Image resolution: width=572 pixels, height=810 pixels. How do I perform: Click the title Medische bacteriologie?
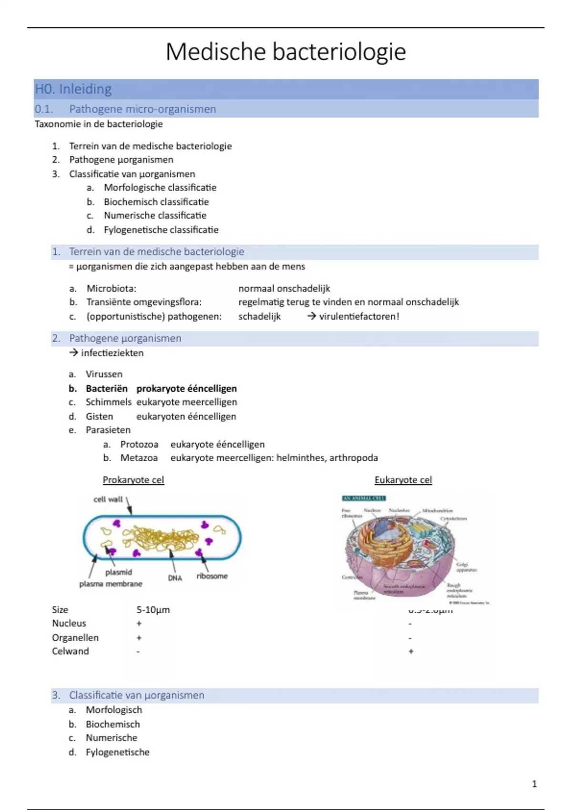click(x=286, y=51)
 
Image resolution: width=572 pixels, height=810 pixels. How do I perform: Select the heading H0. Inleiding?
click(x=73, y=89)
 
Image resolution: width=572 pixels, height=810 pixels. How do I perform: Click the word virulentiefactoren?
click(x=359, y=316)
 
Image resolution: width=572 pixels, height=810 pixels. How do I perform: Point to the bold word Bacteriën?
click(x=106, y=388)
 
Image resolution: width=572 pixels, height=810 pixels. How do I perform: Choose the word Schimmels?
click(x=108, y=402)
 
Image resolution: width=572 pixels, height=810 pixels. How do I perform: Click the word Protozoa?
click(x=139, y=444)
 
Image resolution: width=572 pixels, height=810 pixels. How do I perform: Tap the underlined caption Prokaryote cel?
click(x=133, y=480)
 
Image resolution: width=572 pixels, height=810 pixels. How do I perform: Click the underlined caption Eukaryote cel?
click(x=403, y=480)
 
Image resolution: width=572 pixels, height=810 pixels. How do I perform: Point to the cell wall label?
click(x=108, y=499)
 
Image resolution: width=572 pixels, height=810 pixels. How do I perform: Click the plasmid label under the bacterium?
click(x=119, y=572)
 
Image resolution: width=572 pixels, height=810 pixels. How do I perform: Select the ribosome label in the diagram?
click(x=212, y=576)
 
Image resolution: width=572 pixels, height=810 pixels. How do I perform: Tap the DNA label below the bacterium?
click(x=175, y=578)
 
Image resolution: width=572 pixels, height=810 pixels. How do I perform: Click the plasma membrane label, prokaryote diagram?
click(x=111, y=584)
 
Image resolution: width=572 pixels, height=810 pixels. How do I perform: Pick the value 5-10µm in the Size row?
click(x=153, y=610)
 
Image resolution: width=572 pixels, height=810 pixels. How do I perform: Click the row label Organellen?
click(x=75, y=638)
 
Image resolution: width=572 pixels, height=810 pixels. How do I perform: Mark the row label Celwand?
click(x=71, y=651)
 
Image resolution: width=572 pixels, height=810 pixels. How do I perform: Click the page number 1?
click(x=534, y=784)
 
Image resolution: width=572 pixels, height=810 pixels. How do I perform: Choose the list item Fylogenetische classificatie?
click(x=161, y=230)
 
